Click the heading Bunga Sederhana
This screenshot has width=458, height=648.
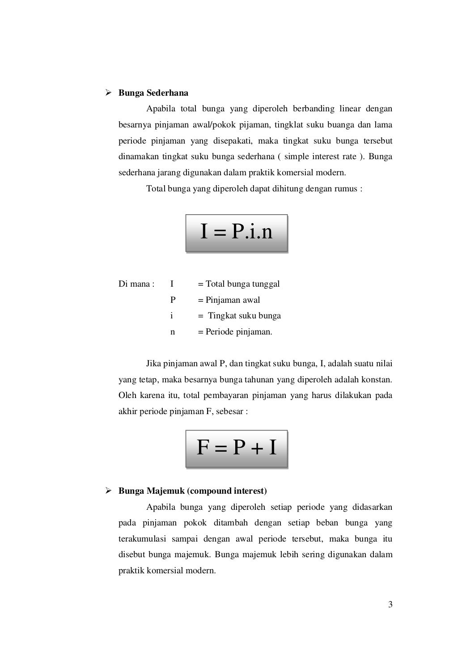(x=153, y=93)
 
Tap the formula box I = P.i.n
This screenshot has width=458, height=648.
(x=237, y=233)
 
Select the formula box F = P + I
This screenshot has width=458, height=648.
(x=237, y=448)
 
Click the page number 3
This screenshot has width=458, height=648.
(x=390, y=605)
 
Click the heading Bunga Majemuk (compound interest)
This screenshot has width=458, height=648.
(x=192, y=491)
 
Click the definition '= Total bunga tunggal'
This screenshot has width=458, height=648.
(x=239, y=284)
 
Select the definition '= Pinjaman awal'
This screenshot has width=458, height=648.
(x=229, y=300)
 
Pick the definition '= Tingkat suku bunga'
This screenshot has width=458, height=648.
(x=240, y=316)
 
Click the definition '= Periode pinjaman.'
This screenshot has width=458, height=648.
(x=235, y=332)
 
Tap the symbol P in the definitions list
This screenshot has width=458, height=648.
(x=173, y=300)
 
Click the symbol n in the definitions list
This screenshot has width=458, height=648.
(x=173, y=332)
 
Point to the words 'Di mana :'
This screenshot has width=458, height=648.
(x=136, y=284)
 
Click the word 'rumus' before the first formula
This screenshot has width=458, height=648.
(x=346, y=189)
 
